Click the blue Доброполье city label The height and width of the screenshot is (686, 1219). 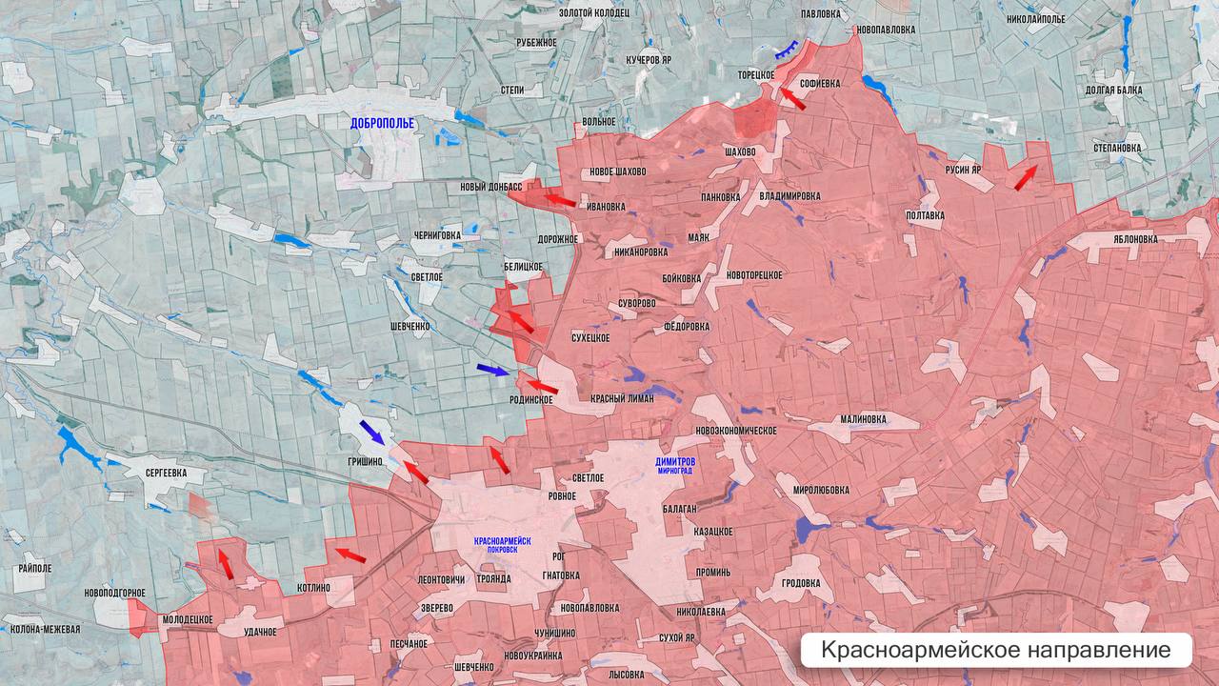(x=382, y=123)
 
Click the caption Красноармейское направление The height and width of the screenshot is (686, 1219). (x=995, y=651)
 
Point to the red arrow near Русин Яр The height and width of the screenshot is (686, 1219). (x=1026, y=177)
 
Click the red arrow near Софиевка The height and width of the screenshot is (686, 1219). (x=792, y=98)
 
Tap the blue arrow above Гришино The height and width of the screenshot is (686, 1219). (x=371, y=433)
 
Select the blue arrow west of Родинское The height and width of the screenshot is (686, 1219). (x=493, y=370)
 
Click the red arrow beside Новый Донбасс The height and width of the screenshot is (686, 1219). (x=560, y=199)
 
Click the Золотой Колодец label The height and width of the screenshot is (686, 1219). (x=593, y=12)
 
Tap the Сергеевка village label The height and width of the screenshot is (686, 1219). (x=159, y=473)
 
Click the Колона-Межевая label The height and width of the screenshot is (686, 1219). (x=45, y=629)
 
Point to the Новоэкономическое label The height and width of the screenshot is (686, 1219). (x=737, y=431)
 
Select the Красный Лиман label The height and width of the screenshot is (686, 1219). (x=622, y=399)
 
